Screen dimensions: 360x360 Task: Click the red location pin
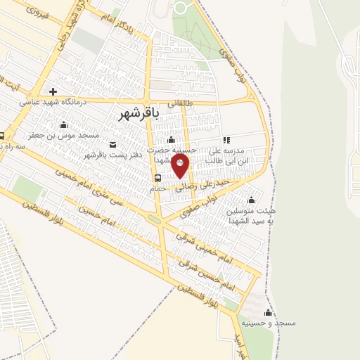click(181, 166)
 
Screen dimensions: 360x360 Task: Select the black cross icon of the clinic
click(53, 91)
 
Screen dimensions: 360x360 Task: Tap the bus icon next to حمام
click(157, 177)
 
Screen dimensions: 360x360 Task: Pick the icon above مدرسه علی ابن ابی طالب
click(226, 140)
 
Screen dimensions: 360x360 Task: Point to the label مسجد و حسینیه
click(270, 323)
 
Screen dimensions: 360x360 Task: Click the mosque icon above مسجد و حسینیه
click(267, 313)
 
